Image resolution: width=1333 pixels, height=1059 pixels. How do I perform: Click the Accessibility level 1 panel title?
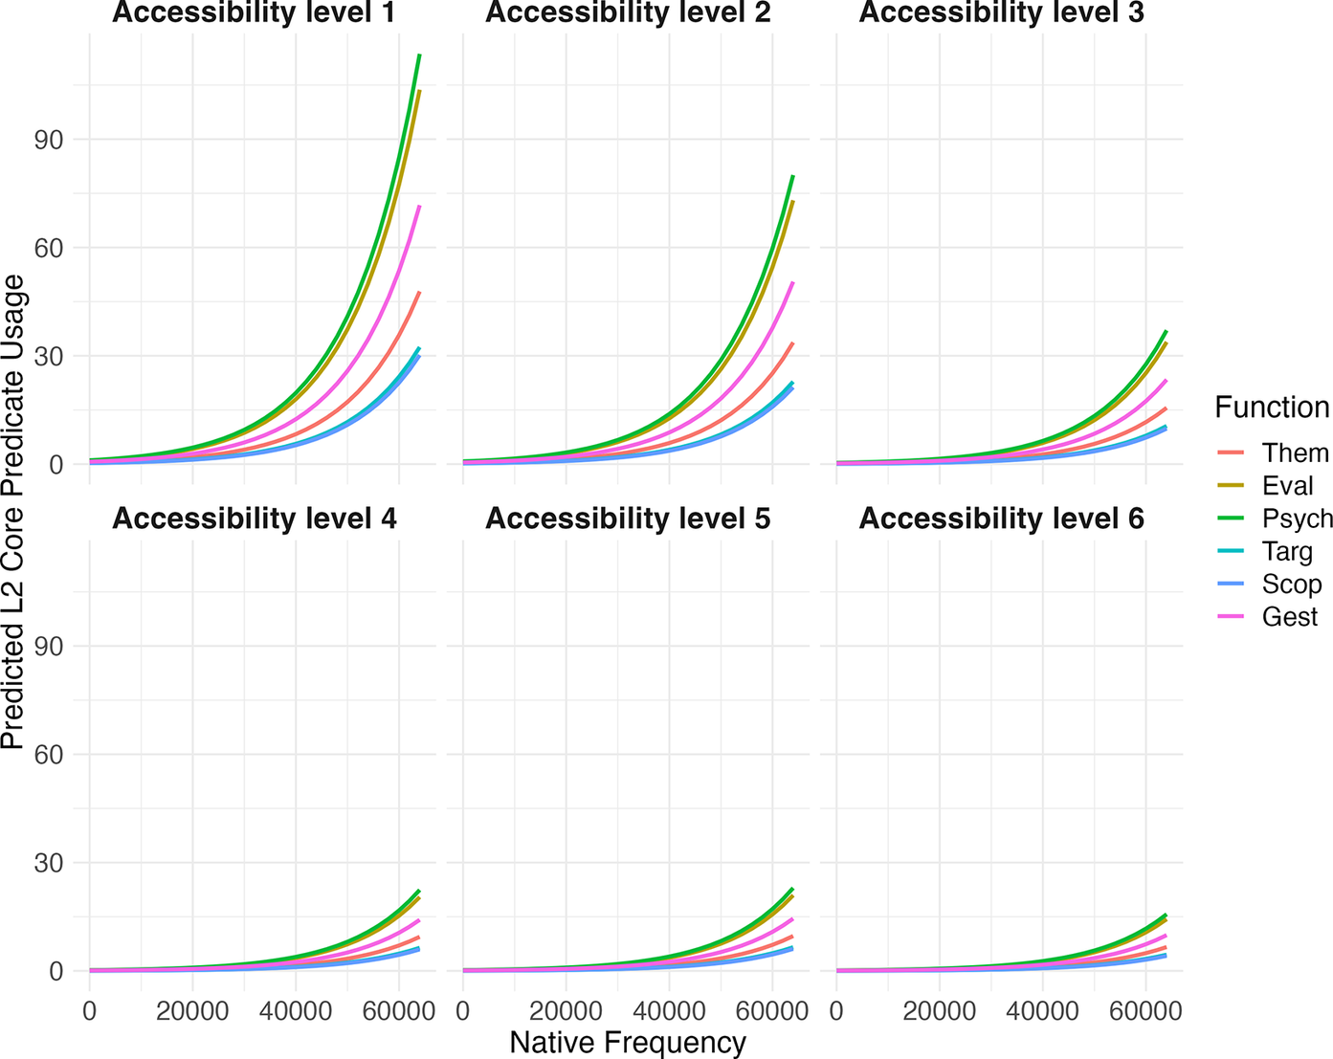pos(254,13)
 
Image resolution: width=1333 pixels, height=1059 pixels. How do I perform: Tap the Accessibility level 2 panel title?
pos(628,13)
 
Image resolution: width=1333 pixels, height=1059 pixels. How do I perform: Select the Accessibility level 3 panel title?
pos(1001,13)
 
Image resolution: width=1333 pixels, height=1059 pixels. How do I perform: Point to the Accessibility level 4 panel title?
pos(254,518)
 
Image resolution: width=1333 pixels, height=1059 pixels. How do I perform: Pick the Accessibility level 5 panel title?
pos(628,518)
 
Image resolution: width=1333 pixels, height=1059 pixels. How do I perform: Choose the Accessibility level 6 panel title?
pos(1001,518)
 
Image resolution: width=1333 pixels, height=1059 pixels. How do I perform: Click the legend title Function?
pos(1272,408)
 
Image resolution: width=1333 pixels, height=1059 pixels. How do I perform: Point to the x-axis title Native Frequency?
pos(628,1043)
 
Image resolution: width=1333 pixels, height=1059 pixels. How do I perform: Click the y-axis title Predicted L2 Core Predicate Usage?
pos(13,512)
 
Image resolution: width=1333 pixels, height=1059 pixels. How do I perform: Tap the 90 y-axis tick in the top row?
pos(50,140)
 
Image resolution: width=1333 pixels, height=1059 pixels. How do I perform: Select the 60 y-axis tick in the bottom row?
pos(50,755)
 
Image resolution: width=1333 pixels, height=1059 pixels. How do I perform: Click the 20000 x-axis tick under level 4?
pos(192,1011)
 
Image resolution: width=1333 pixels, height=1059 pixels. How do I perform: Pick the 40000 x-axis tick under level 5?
pos(668,1011)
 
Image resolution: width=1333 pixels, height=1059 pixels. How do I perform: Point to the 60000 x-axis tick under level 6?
pos(1144,1011)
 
